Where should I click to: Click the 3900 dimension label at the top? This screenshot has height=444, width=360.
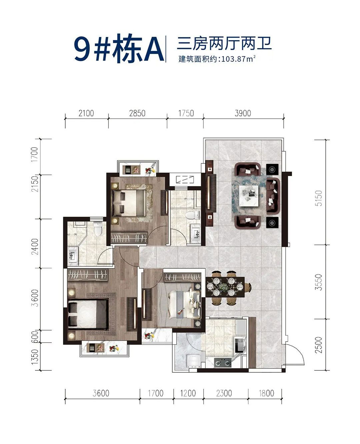click(243, 113)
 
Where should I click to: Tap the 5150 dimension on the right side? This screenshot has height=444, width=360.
click(319, 198)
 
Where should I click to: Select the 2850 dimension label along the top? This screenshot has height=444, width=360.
click(137, 113)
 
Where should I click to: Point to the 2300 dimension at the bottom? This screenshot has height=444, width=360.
click(224, 393)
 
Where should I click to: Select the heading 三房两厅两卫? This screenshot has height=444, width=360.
click(224, 44)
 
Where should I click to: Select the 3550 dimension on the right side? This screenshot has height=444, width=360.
click(319, 282)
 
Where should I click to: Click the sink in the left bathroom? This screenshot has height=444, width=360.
click(73, 256)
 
